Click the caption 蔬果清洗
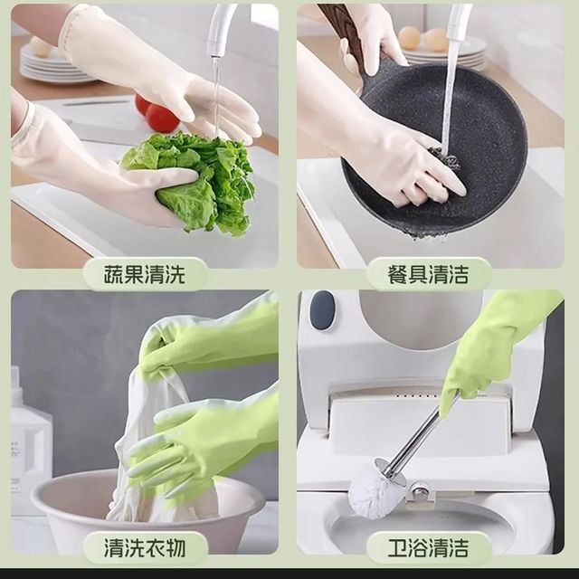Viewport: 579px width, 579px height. pyautogui.click(x=144, y=274)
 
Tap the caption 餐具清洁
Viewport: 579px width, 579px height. pyautogui.click(x=428, y=274)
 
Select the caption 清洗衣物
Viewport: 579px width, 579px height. pyautogui.click(x=144, y=547)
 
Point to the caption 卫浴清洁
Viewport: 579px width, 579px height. pyautogui.click(x=428, y=547)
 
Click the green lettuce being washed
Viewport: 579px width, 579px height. pyautogui.click(x=195, y=181)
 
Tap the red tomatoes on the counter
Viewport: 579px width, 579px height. pyautogui.click(x=157, y=113)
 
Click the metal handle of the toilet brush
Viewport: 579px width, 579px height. pyautogui.click(x=421, y=432)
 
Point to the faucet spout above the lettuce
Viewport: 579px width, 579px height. pyautogui.click(x=222, y=30)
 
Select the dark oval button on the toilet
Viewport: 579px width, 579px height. pyautogui.click(x=322, y=310)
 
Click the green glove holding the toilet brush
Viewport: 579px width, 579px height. pyautogui.click(x=491, y=351)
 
